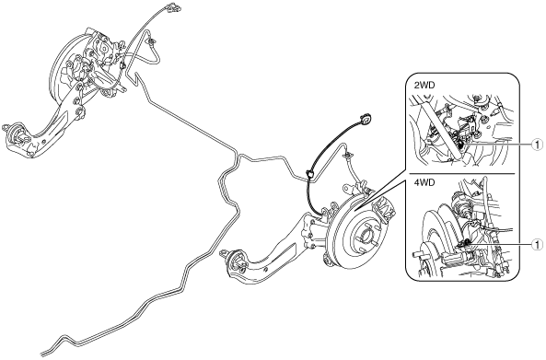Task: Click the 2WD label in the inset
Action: point(424,86)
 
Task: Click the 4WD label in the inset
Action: point(424,182)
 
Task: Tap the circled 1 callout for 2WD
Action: point(537,145)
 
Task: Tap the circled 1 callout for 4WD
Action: point(537,245)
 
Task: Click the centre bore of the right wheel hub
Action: point(364,238)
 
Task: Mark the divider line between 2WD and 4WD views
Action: point(461,173)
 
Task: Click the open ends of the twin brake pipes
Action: point(44,352)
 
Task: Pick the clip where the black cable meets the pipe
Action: point(308,173)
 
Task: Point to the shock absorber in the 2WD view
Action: point(441,129)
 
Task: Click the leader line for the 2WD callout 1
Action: point(499,145)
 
